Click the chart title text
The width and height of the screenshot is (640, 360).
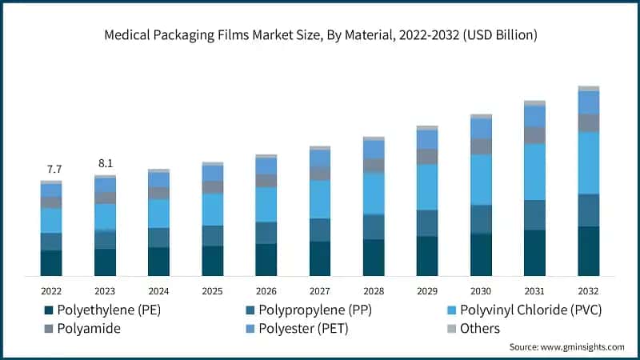[320, 35]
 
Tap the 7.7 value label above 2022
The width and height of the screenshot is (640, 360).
[54, 169]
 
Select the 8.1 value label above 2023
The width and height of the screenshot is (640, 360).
[106, 163]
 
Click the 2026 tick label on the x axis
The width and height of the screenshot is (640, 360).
[266, 290]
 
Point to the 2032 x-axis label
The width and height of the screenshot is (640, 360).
[588, 290]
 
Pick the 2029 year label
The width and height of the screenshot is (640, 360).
[427, 290]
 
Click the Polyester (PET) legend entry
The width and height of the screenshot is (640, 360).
[303, 329]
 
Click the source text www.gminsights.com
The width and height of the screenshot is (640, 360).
[566, 347]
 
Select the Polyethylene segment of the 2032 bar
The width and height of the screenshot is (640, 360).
[588, 251]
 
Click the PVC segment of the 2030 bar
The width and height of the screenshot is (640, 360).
[481, 180]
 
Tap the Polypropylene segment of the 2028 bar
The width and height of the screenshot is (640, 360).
[374, 227]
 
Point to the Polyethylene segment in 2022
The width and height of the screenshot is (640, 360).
[52, 263]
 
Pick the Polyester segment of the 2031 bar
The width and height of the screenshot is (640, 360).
[534, 117]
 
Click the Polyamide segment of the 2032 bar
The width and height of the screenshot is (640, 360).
[588, 122]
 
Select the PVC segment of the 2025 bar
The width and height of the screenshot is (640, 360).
[213, 210]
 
